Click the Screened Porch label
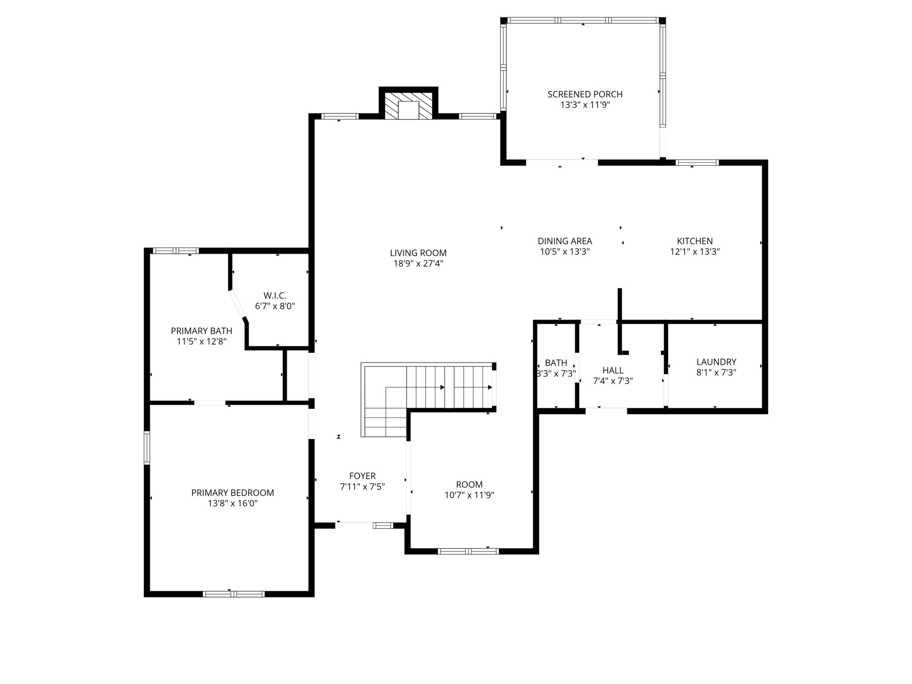585,94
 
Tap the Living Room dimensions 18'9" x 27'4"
418,263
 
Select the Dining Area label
565,241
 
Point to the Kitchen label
695,241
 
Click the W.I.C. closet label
275,296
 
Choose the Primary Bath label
202,331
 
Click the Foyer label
362,476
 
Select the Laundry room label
716,362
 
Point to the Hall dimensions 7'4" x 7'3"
613,381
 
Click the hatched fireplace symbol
408,106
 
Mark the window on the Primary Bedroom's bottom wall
233,594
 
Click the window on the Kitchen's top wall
697,163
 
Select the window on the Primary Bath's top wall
176,251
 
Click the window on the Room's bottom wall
468,551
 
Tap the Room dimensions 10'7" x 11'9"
469,495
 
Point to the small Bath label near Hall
556,363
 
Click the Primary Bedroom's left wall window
147,448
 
